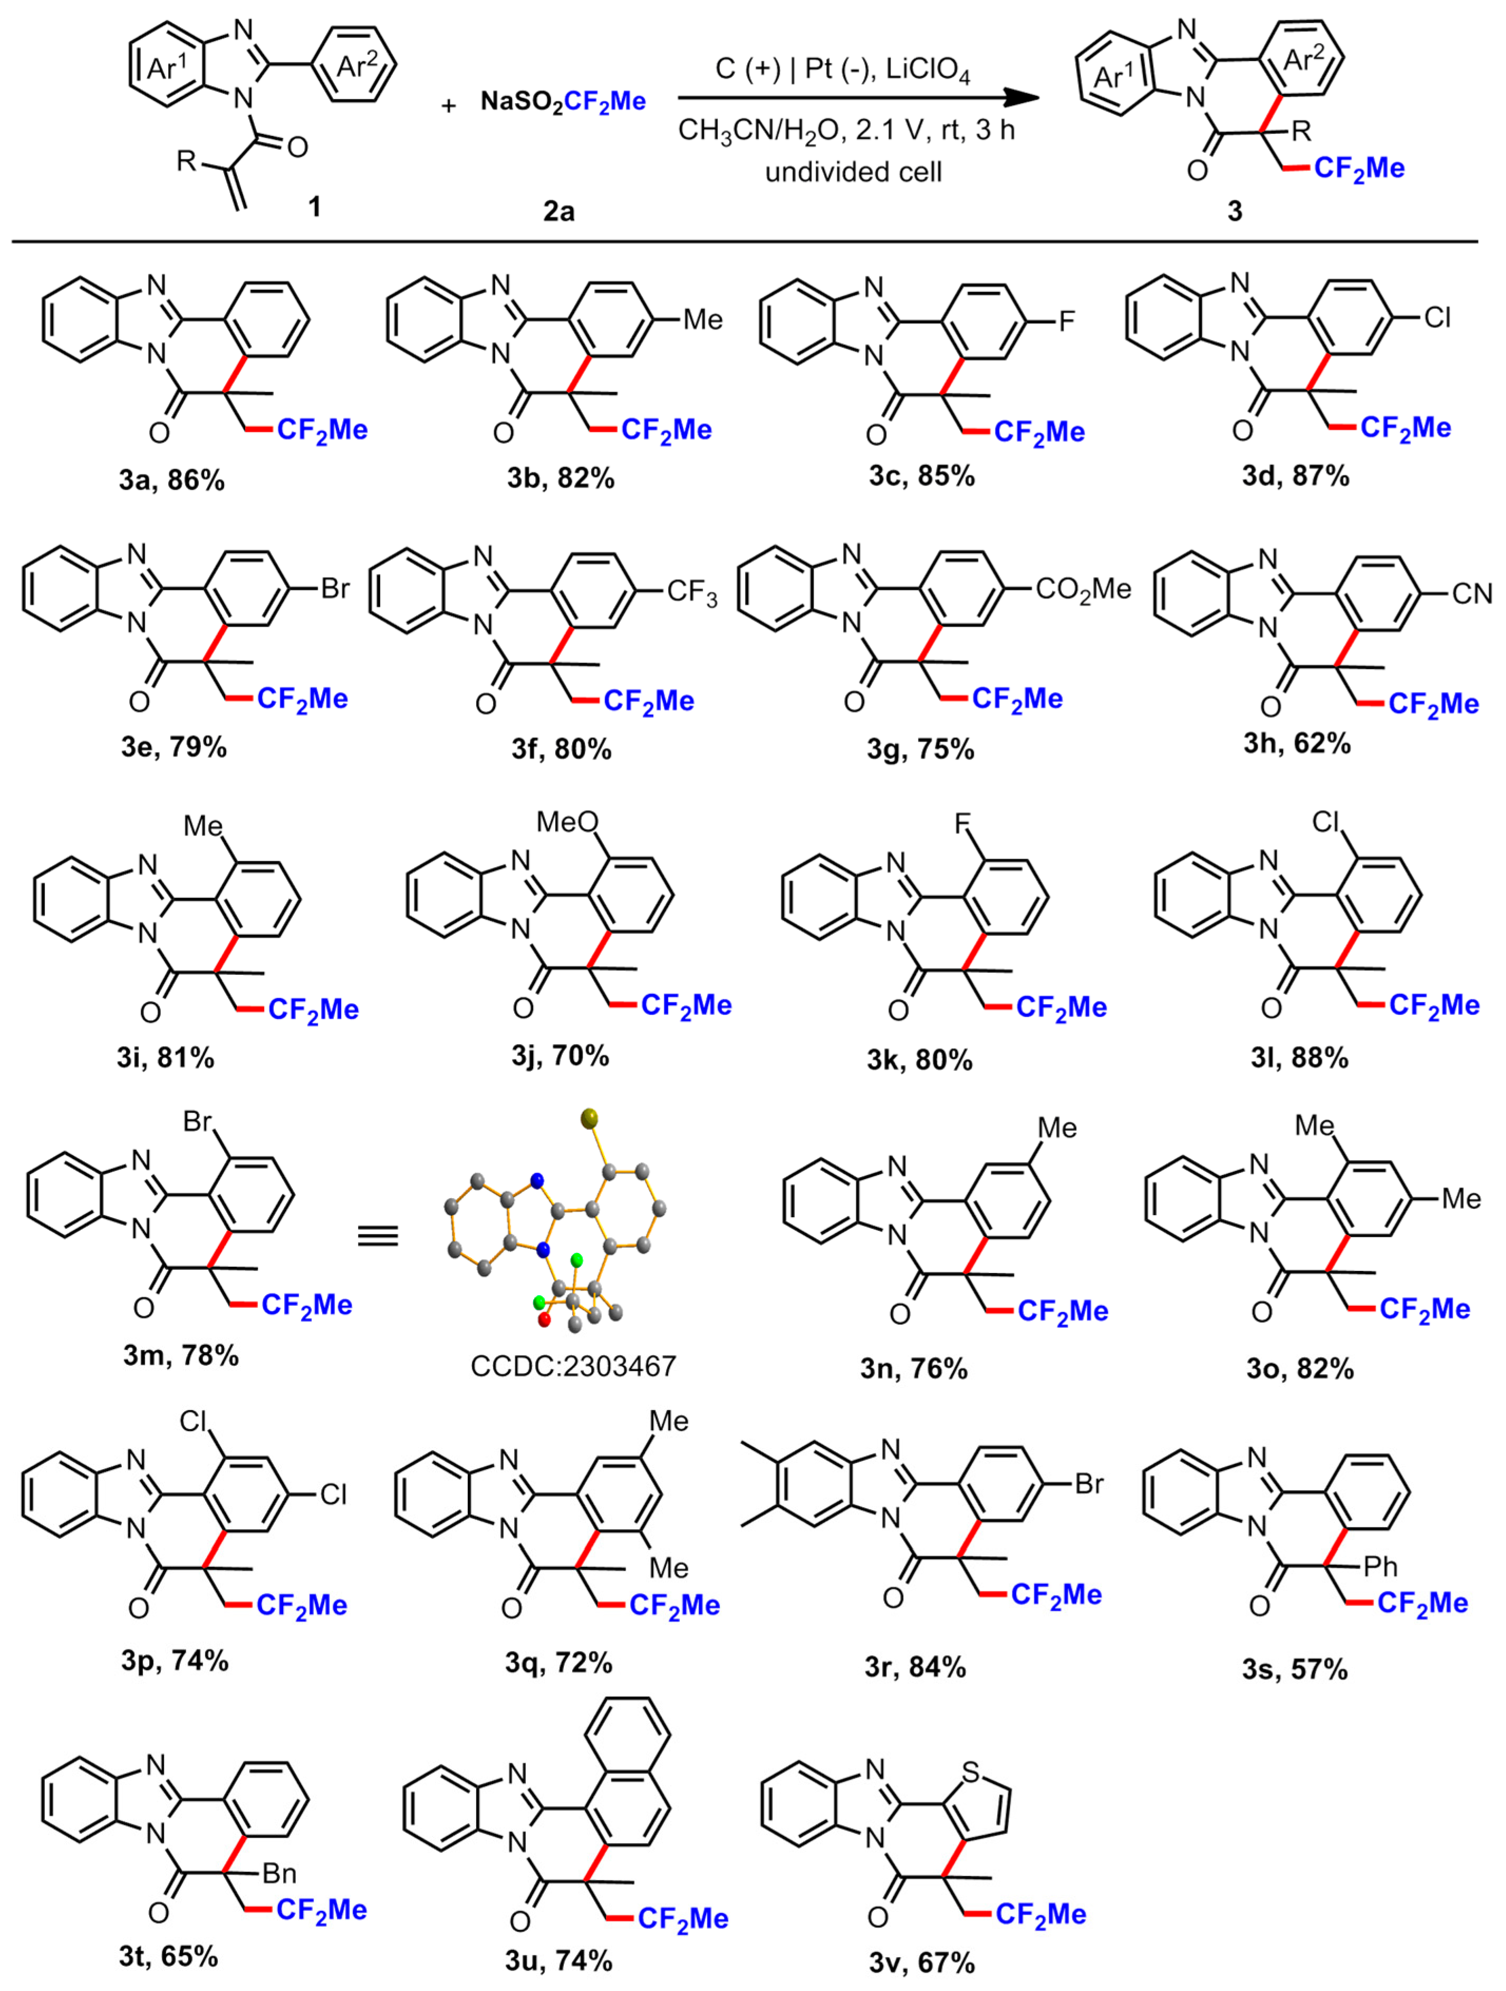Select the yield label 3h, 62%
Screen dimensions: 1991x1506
[x=1297, y=743]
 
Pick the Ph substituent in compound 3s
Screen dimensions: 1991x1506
[x=1380, y=1567]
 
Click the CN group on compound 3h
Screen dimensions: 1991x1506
[x=1472, y=593]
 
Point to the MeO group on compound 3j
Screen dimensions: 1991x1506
[x=566, y=822]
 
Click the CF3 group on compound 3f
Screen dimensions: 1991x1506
[x=691, y=593]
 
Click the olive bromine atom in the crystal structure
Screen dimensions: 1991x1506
[x=590, y=1119]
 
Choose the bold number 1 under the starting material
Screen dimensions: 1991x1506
[x=314, y=207]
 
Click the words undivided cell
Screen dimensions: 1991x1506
[x=853, y=171]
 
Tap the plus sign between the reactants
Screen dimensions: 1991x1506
[x=448, y=106]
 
